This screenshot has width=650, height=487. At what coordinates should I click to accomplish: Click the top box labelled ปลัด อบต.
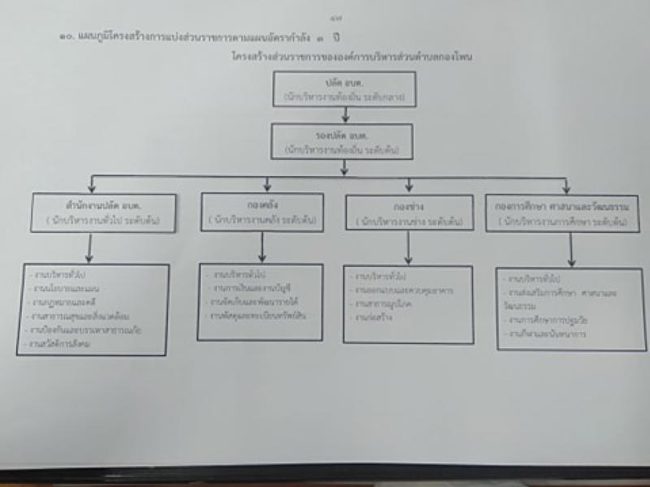[x=345, y=89]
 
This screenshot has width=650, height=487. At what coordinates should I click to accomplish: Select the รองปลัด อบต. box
[x=344, y=141]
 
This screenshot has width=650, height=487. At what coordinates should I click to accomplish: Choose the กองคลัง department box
[x=261, y=211]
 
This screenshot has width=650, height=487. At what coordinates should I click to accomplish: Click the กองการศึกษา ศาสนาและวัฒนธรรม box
[x=562, y=213]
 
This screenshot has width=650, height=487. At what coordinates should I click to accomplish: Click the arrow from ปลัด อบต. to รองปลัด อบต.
[x=345, y=115]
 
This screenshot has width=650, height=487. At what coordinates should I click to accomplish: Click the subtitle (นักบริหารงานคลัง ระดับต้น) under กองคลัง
[x=261, y=219]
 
